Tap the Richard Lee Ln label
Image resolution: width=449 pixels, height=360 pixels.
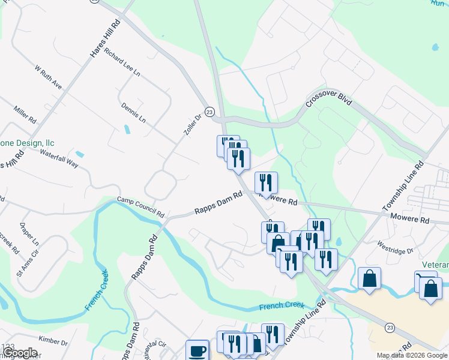pyautogui.click(x=121, y=62)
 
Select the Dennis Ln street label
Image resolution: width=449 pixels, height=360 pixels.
pyautogui.click(x=133, y=112)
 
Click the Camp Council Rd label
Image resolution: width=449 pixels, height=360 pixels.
pyautogui.click(x=140, y=206)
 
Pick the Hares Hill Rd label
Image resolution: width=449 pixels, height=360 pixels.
pyautogui.click(x=104, y=38)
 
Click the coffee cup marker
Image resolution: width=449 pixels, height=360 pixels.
pyautogui.click(x=197, y=350)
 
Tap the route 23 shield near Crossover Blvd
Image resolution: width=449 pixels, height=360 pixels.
pyautogui.click(x=209, y=112)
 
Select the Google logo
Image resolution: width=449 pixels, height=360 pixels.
pyautogui.click(x=19, y=353)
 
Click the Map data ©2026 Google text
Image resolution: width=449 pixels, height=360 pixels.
pyautogui.click(x=411, y=355)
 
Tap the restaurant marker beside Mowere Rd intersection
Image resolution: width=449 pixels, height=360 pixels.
pyautogui.click(x=266, y=182)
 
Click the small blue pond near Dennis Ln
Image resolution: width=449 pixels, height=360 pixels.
pyautogui.click(x=127, y=128)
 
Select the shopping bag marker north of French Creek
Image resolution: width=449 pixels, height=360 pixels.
pyautogui.click(x=369, y=278)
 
